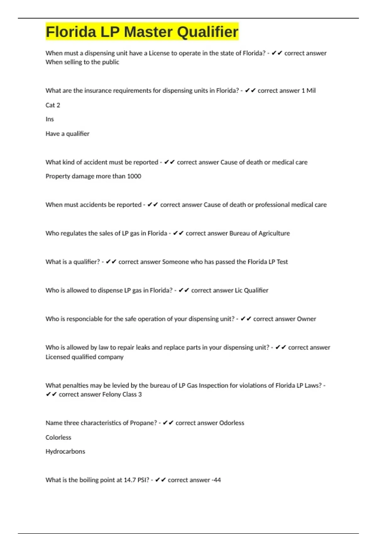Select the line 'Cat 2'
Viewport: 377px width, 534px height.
[53, 105]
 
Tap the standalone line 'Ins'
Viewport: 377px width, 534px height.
[50, 119]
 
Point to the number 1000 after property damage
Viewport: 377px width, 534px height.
[134, 176]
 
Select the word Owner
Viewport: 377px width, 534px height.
[306, 319]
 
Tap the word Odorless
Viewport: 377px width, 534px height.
[232, 423]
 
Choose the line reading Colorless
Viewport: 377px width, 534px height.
[58, 438]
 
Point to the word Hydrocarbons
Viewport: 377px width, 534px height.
[65, 452]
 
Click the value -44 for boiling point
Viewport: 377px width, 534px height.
[216, 480]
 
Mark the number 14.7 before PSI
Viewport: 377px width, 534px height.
[130, 480]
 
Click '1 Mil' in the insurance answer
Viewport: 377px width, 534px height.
[309, 91]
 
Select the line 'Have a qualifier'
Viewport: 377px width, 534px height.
[68, 134]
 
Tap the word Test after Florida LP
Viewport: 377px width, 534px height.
[282, 262]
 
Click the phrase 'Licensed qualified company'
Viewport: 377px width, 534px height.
[85, 357]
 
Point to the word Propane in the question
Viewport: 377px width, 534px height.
[143, 423]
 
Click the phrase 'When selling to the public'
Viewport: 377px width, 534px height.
[82, 62]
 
